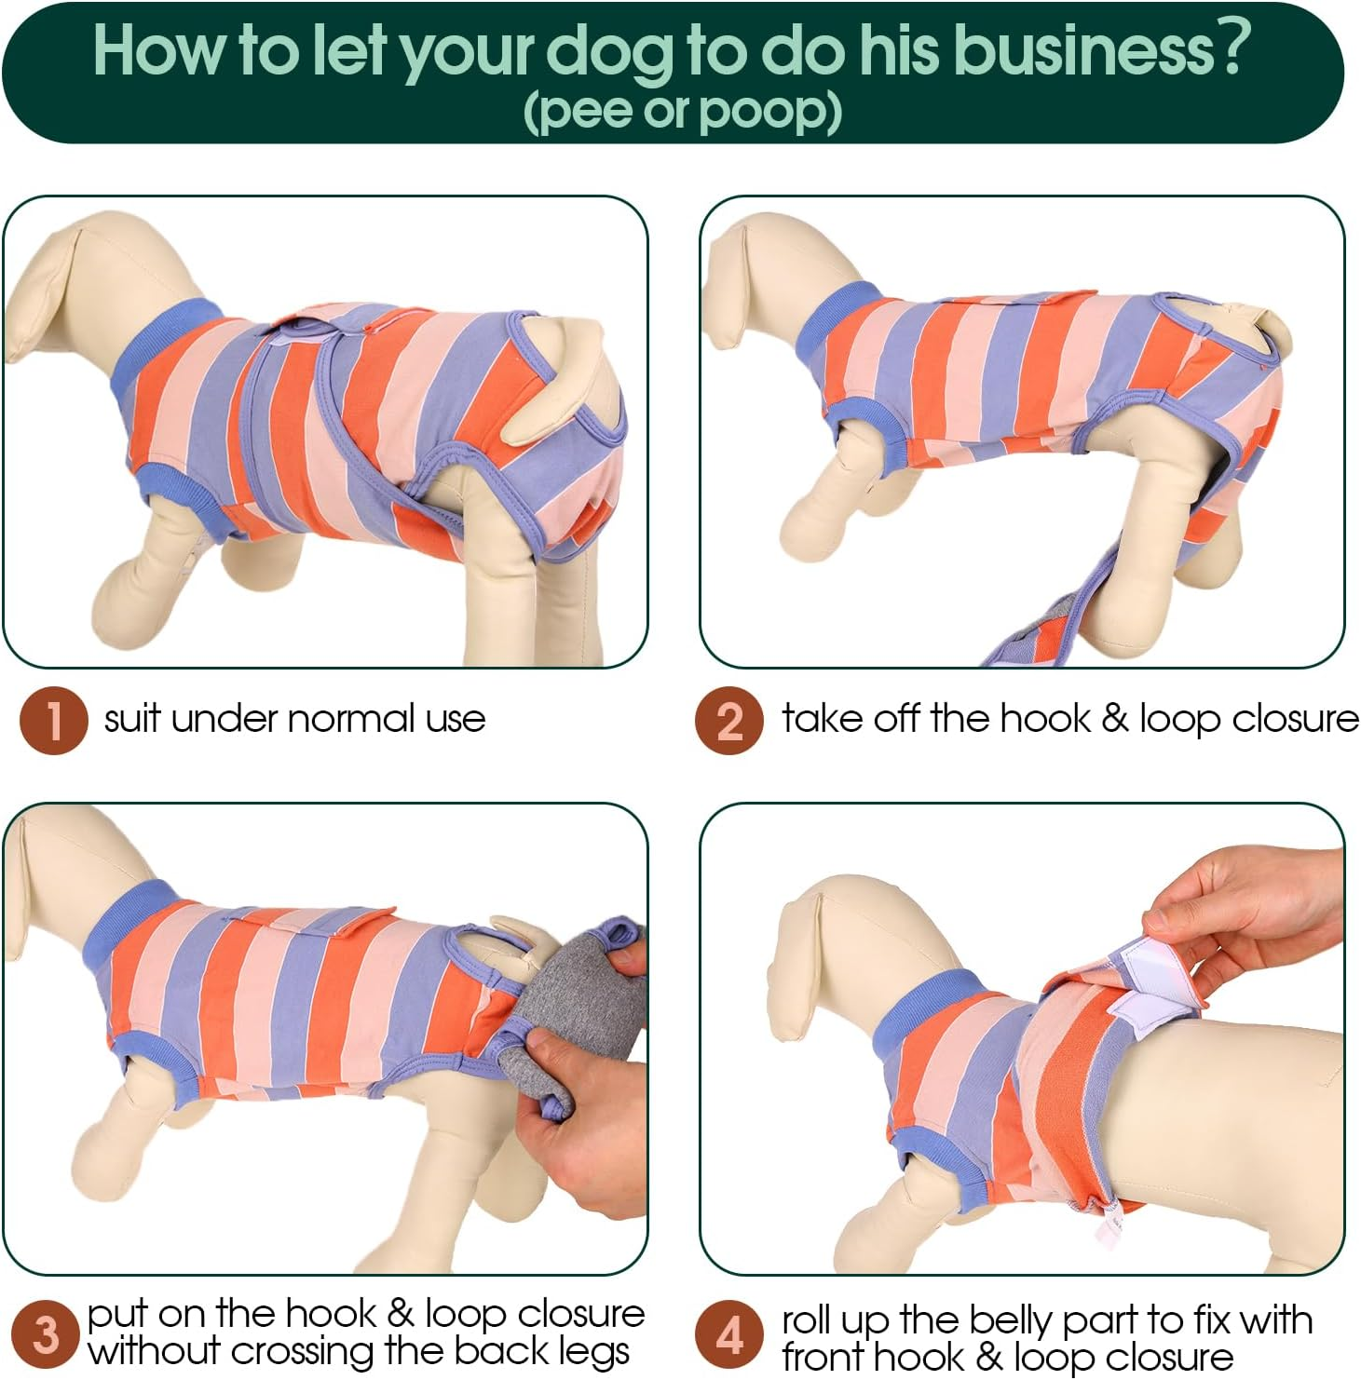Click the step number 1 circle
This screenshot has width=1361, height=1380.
pyautogui.click(x=54, y=720)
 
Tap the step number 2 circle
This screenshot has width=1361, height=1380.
pyautogui.click(x=729, y=720)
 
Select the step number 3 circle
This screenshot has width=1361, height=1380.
pyautogui.click(x=45, y=1333)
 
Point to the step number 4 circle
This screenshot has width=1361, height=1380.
pyautogui.click(x=729, y=1333)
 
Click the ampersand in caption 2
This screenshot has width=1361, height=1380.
pyautogui.click(x=1114, y=719)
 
